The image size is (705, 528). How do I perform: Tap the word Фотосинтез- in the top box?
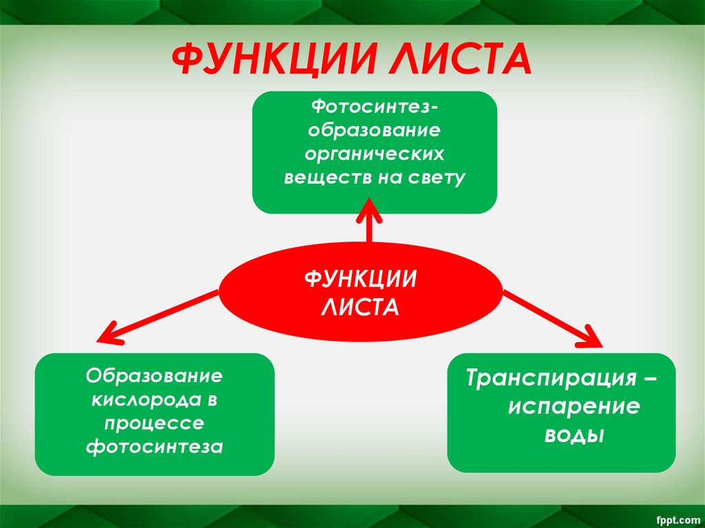374,107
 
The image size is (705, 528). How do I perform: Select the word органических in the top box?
375,154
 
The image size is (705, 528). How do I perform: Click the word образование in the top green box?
375,130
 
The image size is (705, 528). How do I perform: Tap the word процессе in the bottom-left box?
155,423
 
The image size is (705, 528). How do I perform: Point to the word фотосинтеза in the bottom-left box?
155,447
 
